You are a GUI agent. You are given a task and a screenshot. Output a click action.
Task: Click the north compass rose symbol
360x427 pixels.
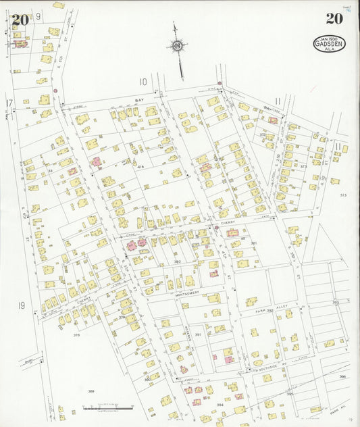(177, 47)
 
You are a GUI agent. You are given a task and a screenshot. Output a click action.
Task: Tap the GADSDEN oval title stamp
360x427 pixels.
(329, 44)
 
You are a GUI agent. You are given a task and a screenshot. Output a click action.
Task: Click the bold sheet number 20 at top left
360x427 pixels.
(20, 19)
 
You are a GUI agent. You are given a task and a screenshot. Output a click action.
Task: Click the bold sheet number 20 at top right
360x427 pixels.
(334, 18)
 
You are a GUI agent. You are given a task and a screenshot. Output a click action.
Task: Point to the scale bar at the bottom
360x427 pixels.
(108, 408)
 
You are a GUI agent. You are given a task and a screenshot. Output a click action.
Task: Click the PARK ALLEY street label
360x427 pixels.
(274, 310)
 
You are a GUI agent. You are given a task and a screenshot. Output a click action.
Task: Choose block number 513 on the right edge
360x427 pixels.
(343, 195)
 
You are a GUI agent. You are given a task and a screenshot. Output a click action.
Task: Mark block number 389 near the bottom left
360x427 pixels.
(91, 391)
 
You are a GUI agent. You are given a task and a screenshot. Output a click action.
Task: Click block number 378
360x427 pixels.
(76, 334)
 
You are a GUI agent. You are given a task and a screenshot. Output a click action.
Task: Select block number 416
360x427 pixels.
(140, 166)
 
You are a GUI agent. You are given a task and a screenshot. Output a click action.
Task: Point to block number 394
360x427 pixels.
(220, 405)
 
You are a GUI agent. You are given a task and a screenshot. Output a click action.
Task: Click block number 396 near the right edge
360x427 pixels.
(342, 376)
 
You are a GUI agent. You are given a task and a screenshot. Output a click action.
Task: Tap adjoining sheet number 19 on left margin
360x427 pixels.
(22, 305)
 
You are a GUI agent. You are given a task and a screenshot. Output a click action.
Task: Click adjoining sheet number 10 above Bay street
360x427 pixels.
(143, 82)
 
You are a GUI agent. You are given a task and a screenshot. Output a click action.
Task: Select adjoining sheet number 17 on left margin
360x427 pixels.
(9, 103)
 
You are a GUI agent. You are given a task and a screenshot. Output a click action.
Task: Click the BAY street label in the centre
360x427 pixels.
(140, 99)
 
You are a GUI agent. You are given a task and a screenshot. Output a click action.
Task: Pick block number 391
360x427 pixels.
(198, 334)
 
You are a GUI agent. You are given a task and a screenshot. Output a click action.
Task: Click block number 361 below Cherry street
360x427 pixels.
(254, 243)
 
